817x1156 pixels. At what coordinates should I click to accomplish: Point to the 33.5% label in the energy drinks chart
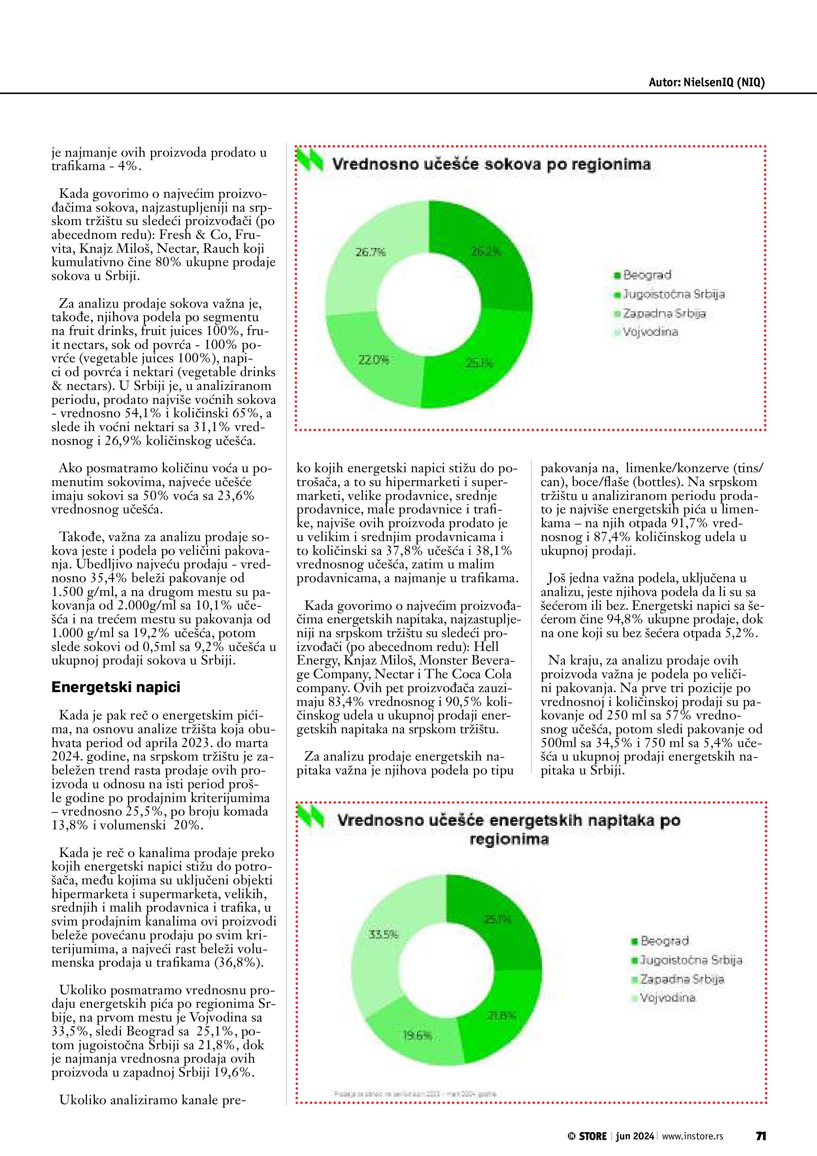[x=383, y=935]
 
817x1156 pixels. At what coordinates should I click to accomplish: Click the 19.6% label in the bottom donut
[x=417, y=1036]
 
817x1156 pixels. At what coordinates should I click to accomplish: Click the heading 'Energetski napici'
[x=116, y=688]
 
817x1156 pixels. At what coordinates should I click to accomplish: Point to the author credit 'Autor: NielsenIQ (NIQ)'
[x=706, y=83]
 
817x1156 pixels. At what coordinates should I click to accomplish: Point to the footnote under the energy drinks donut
[x=415, y=1094]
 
